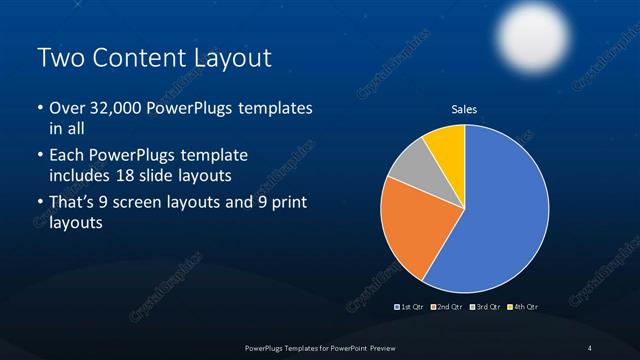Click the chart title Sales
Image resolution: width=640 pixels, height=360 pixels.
tap(464, 109)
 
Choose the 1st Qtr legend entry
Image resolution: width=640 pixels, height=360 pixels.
tap(410, 306)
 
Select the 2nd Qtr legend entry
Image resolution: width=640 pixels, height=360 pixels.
tap(446, 306)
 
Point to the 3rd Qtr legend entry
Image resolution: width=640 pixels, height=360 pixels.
tap(485, 306)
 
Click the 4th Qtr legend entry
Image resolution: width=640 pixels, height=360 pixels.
tap(522, 306)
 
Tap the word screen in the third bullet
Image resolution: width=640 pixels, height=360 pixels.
tap(147, 203)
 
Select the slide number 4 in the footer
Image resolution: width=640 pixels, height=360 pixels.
tap(590, 347)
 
